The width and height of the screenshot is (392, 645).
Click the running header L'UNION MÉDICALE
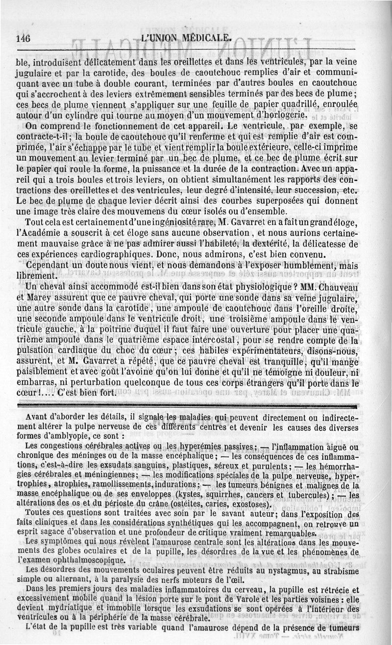tap(186, 38)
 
